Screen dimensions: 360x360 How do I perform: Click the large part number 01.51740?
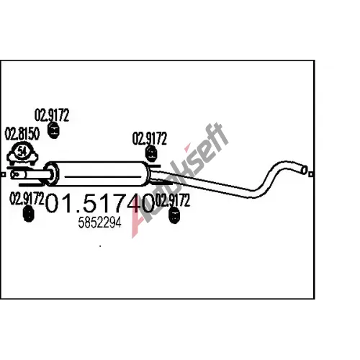tap(99, 204)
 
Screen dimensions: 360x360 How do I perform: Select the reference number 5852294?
tap(99, 222)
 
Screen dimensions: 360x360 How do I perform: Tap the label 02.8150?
tap(22, 134)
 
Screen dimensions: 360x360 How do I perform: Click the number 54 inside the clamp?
tap(22, 151)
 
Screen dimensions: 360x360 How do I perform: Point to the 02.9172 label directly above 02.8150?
tap(52, 115)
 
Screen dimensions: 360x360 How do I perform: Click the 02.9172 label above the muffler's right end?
tap(149, 138)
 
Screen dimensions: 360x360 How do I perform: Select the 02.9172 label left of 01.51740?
tap(27, 199)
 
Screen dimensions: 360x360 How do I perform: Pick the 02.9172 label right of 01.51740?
tap(173, 200)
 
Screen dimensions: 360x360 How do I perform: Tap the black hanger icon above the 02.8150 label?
tap(54, 130)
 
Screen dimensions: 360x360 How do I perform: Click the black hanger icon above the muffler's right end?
tap(151, 154)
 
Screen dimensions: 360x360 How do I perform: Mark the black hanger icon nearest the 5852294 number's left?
tap(28, 214)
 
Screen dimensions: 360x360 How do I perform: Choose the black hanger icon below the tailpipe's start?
tap(174, 215)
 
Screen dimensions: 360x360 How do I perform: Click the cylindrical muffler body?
tap(99, 174)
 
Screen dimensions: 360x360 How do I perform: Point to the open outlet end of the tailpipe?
tap(304, 170)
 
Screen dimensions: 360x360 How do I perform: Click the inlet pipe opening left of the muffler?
tap(14, 175)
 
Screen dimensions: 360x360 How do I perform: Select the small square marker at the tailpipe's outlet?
tap(311, 174)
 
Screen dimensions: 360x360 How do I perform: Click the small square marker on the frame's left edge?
tap(3, 174)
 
